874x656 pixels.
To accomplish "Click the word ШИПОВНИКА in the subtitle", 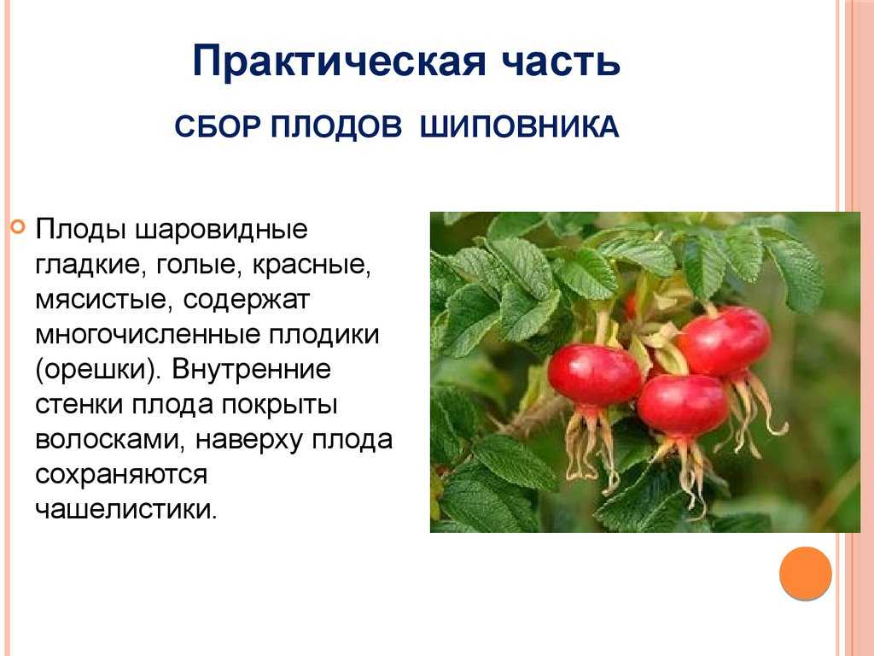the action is click(519, 126).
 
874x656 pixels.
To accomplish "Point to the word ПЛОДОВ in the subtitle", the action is click(336, 126).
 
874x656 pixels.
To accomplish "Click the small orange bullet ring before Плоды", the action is click(19, 227).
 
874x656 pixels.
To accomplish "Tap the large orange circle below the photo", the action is click(806, 573).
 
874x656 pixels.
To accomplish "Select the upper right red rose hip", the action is click(724, 341).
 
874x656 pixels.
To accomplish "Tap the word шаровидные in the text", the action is click(222, 229).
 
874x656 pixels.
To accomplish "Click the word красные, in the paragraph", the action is click(312, 265).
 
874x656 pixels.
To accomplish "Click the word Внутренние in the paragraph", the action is click(251, 369).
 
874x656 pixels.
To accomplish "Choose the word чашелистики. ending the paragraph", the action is click(126, 509).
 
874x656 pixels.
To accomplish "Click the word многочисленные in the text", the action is click(148, 334).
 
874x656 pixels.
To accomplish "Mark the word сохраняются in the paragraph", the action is click(121, 475).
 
